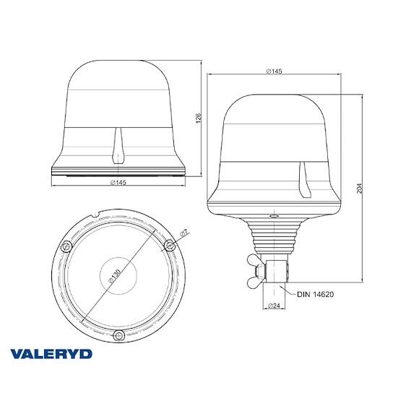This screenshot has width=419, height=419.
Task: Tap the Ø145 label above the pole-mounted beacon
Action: (275, 71)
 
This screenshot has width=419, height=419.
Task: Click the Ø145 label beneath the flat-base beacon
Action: (119, 183)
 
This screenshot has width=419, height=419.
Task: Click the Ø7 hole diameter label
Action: (184, 233)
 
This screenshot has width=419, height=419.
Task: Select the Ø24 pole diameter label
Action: (275, 306)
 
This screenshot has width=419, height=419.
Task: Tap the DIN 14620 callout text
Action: (315, 293)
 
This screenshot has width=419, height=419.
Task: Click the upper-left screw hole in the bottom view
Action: (66, 247)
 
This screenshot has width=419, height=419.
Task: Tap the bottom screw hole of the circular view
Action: (119, 334)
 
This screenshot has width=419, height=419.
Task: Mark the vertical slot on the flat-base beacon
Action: (119, 145)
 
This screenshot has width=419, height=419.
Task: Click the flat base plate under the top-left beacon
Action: (119, 172)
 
